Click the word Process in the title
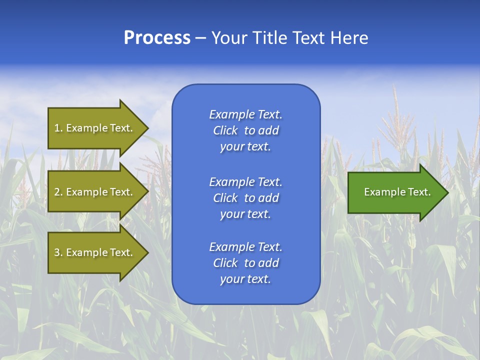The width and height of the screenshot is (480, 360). pyautogui.click(x=157, y=38)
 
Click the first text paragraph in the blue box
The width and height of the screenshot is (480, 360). pyautogui.click(x=245, y=130)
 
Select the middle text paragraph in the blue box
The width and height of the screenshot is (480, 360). pyautogui.click(x=245, y=198)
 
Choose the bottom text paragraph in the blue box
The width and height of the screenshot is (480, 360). pyautogui.click(x=245, y=263)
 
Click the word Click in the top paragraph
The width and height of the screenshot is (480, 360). pyautogui.click(x=225, y=130)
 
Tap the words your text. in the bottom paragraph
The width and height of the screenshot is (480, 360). pyautogui.click(x=245, y=279)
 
